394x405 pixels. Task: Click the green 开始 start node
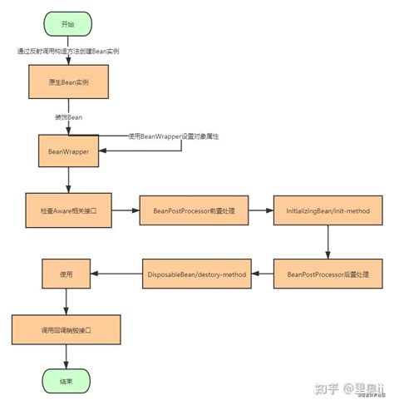(66, 24)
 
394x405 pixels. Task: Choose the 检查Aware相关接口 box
(66, 211)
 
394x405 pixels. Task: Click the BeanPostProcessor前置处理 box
(195, 211)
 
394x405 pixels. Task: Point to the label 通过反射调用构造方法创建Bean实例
(68, 52)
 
